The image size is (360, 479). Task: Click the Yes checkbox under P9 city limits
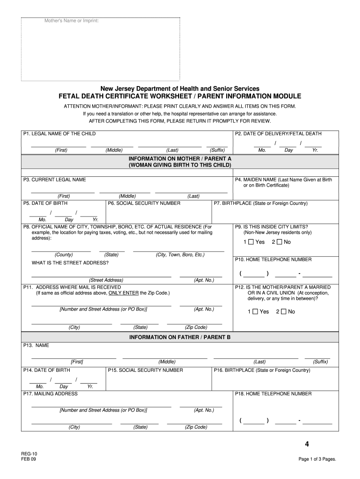[251, 242]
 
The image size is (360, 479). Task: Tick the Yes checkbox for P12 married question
[255, 312]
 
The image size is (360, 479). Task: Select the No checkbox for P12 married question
[283, 312]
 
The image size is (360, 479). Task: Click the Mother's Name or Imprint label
[72, 21]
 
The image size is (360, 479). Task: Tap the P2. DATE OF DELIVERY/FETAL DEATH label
[278, 134]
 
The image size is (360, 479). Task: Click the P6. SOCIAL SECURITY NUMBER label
[144, 203]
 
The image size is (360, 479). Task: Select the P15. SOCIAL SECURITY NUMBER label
[145, 370]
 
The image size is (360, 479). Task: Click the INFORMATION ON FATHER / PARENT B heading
[180, 337]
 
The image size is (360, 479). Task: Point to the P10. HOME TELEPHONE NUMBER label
[273, 259]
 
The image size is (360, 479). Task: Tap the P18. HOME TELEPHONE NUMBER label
[273, 394]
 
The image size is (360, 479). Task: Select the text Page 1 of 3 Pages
[317, 459]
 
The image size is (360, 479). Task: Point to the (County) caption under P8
[64, 254]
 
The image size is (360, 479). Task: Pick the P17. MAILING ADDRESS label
[50, 394]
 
